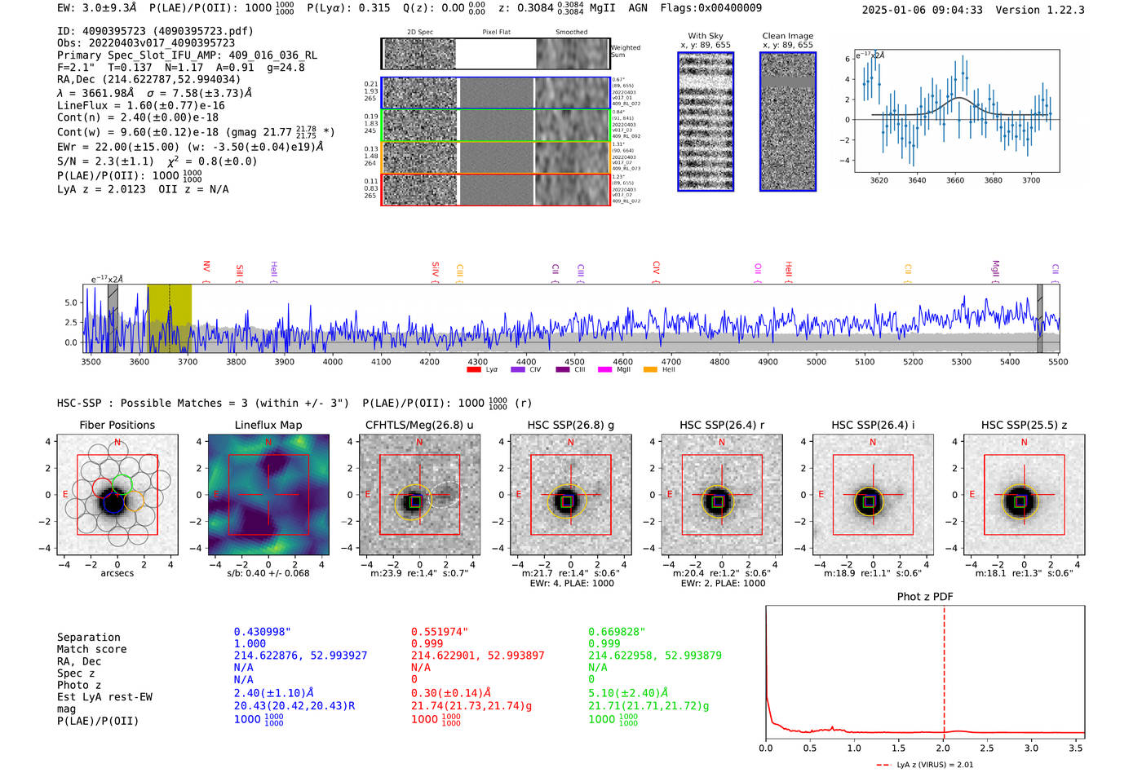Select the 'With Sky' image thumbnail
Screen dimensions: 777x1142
point(706,121)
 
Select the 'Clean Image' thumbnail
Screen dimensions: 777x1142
point(788,121)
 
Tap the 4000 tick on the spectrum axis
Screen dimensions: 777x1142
point(333,362)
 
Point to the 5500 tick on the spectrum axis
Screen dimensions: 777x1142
point(1058,362)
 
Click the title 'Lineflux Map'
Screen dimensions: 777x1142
point(268,425)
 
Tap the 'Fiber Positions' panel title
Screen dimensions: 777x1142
point(117,425)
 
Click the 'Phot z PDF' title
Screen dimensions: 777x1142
point(925,597)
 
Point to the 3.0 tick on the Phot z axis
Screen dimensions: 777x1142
point(1032,748)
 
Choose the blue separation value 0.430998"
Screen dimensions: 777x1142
point(263,632)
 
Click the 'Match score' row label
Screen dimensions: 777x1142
point(92,650)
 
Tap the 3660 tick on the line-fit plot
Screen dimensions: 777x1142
point(955,180)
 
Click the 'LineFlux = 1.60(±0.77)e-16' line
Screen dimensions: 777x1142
point(141,106)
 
